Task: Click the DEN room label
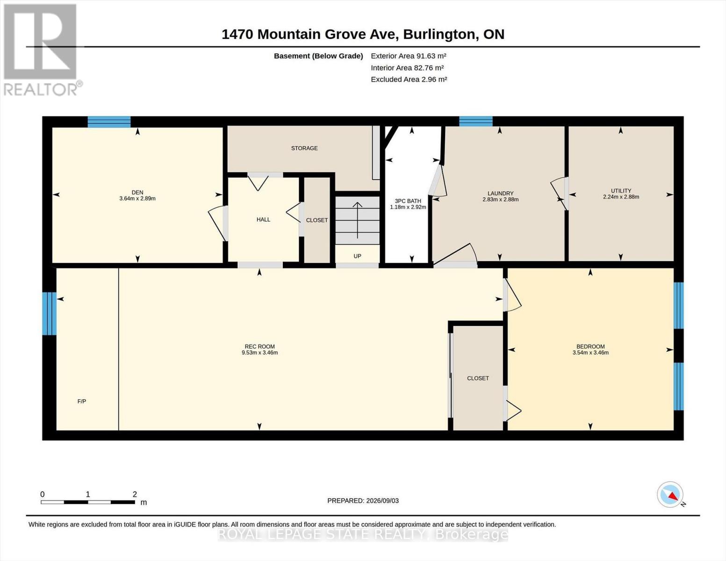pyautogui.click(x=137, y=193)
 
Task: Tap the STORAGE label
pyautogui.click(x=304, y=148)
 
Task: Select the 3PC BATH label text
pyautogui.click(x=408, y=201)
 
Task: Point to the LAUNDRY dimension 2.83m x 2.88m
pyautogui.click(x=501, y=200)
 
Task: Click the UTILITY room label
pyautogui.click(x=621, y=191)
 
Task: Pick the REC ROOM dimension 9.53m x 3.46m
pyautogui.click(x=260, y=352)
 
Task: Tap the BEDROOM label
pyautogui.click(x=591, y=346)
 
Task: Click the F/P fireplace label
pyautogui.click(x=82, y=401)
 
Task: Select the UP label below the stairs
pyautogui.click(x=358, y=256)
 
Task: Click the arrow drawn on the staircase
pyautogui.click(x=358, y=220)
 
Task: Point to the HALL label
pyautogui.click(x=263, y=220)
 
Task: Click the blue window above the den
pyautogui.click(x=109, y=122)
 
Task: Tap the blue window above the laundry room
pyautogui.click(x=476, y=121)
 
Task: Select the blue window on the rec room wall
pyautogui.click(x=50, y=313)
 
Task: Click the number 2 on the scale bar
pyautogui.click(x=135, y=494)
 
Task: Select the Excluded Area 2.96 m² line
pyautogui.click(x=409, y=79)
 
